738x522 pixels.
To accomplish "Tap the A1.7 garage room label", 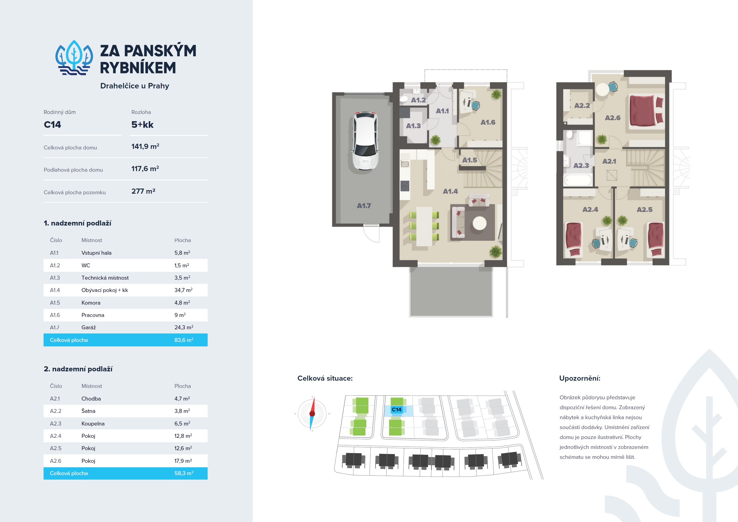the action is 364,206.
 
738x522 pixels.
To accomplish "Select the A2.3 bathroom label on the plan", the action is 581,166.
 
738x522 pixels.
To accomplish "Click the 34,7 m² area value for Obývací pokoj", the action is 184,290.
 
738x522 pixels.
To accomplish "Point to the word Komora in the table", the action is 91,303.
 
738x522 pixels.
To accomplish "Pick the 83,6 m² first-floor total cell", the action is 184,340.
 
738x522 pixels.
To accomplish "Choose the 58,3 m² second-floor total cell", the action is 184,473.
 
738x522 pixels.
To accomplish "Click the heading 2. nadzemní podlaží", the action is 78,369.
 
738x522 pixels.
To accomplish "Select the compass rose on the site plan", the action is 312,414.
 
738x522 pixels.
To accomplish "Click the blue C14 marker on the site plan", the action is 397,410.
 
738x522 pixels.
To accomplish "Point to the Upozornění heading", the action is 580,378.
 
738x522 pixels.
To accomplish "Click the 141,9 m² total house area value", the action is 145,146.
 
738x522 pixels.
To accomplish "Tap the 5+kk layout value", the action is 142,124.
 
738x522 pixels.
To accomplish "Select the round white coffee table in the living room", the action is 480,223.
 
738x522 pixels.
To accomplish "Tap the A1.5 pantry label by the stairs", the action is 470,160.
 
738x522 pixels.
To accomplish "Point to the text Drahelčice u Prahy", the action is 135,86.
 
